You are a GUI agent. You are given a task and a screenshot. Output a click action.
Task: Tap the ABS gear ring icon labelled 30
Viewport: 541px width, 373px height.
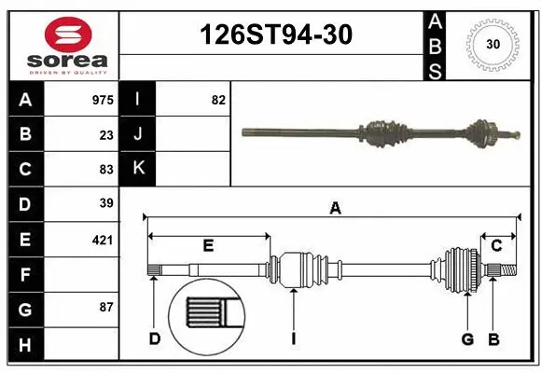492,45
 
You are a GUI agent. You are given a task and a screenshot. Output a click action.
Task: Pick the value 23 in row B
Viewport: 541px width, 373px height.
106,134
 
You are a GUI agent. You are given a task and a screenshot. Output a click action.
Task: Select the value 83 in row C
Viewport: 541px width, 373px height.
106,169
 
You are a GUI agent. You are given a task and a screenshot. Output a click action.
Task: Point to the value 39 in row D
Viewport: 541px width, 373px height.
106,203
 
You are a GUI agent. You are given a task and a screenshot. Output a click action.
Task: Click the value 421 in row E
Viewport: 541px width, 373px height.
103,240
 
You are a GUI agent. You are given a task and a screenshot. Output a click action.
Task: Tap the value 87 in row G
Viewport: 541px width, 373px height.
106,307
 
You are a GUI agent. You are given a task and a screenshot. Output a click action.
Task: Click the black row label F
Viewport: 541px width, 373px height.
24,274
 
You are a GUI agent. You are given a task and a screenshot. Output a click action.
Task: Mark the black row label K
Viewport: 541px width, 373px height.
138,169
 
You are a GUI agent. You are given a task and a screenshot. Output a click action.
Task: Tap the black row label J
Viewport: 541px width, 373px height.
138,134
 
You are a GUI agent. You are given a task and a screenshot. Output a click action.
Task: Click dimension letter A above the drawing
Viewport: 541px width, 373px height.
335,210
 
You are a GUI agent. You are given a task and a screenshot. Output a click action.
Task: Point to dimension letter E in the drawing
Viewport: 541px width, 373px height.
208,245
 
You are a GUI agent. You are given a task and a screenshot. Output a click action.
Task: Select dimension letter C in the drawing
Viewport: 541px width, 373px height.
496,245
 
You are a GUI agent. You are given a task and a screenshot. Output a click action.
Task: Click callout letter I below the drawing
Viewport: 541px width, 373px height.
293,338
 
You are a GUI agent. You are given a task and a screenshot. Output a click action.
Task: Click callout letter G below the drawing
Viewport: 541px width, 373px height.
468,338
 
